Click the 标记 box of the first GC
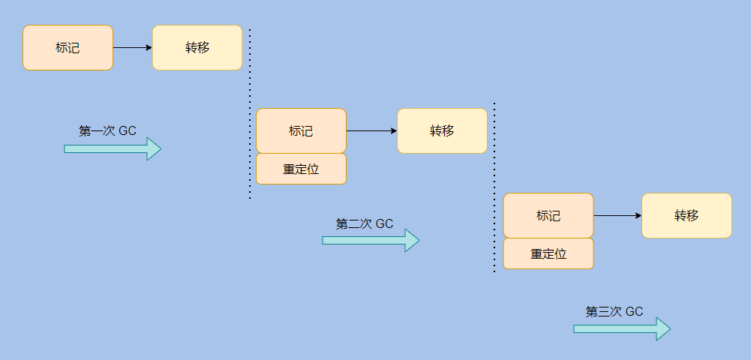click(x=68, y=48)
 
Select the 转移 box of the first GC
click(x=197, y=48)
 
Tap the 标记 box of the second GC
click(x=301, y=130)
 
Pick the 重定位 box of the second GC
click(x=301, y=169)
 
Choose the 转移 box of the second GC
click(x=442, y=130)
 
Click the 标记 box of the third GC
click(x=548, y=215)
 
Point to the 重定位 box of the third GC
click(x=548, y=253)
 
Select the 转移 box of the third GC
click(x=686, y=215)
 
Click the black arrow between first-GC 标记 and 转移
click(x=132, y=48)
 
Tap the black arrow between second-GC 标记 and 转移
click(x=371, y=130)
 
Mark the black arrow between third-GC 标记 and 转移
click(x=617, y=215)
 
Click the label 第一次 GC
click(x=107, y=130)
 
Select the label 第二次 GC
click(x=365, y=223)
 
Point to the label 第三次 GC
click(x=614, y=312)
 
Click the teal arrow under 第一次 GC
click(x=113, y=148)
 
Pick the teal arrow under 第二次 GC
click(x=371, y=240)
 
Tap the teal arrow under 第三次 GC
click(x=621, y=328)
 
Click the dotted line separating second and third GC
click(x=494, y=187)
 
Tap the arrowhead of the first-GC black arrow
click(x=149, y=48)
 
